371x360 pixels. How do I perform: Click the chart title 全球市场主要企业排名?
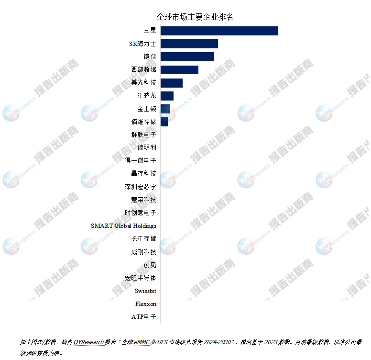(x=195, y=17)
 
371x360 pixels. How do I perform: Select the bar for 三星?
(x=219, y=31)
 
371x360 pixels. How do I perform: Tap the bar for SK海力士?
(x=189, y=44)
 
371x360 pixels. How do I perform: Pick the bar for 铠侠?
(x=187, y=57)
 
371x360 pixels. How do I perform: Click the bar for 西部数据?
(x=179, y=70)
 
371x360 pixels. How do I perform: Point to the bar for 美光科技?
(x=171, y=83)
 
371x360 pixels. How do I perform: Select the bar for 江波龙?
(x=167, y=96)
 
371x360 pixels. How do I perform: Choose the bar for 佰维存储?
(x=164, y=122)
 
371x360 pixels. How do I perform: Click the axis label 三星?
(x=150, y=31)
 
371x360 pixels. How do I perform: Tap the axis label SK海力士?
(x=142, y=44)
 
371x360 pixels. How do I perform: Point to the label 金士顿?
(x=146, y=109)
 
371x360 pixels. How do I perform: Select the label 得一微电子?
(x=140, y=160)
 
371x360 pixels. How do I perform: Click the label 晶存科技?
(x=143, y=173)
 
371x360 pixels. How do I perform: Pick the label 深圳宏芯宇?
(x=140, y=187)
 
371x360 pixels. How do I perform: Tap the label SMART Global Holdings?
(x=123, y=225)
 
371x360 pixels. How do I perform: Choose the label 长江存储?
(x=143, y=238)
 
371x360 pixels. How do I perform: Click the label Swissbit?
(x=145, y=291)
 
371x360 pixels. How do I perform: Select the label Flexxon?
(x=145, y=304)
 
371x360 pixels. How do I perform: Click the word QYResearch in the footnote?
(x=89, y=342)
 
